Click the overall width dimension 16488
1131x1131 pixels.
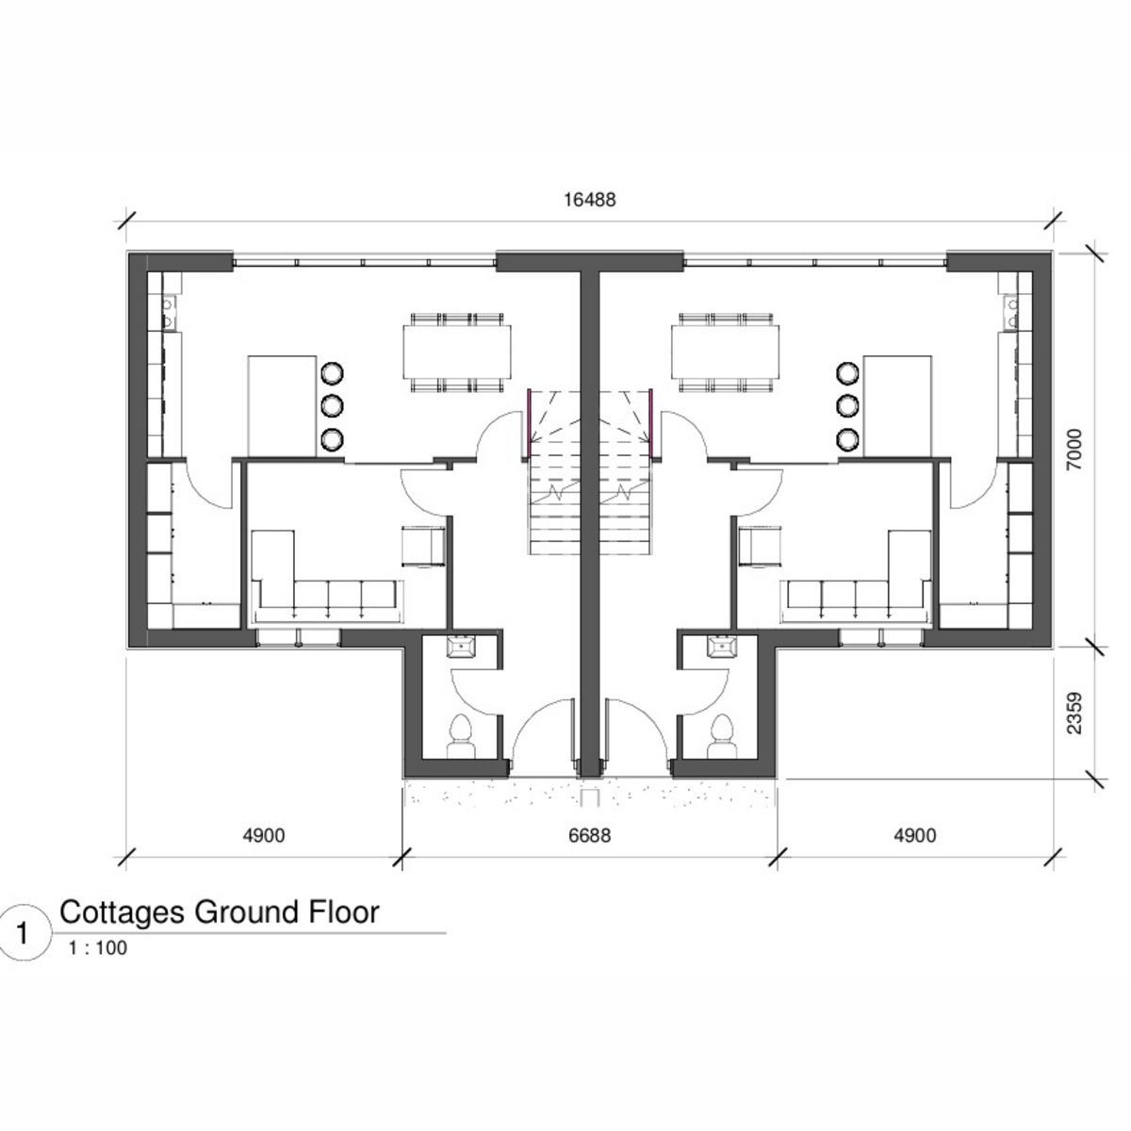click(x=590, y=200)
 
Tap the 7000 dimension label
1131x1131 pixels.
click(x=1074, y=450)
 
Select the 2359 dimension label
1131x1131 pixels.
click(x=1074, y=713)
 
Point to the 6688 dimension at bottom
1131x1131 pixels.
click(x=589, y=835)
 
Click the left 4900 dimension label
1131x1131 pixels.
click(x=264, y=835)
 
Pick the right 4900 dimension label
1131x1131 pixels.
click(x=915, y=835)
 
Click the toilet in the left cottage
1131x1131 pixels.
click(x=461, y=737)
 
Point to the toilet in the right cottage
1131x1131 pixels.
click(x=721, y=737)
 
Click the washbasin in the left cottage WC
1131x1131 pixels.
click(x=461, y=647)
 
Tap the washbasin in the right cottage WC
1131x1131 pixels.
click(x=722, y=647)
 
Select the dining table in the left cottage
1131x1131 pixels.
click(x=456, y=352)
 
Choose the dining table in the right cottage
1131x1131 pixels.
click(x=726, y=352)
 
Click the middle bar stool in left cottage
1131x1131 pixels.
click(x=332, y=405)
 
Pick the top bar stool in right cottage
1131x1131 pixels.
click(x=847, y=372)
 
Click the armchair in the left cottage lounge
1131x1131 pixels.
click(x=423, y=547)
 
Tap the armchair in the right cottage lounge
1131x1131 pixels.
click(x=761, y=547)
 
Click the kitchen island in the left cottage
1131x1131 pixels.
click(x=283, y=406)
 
